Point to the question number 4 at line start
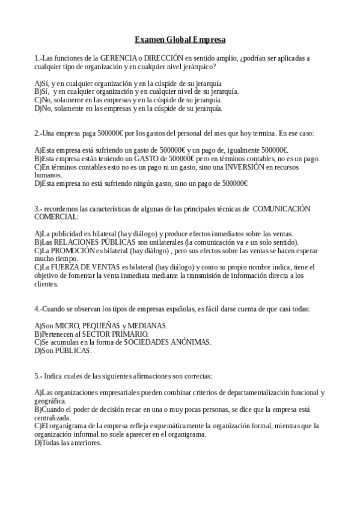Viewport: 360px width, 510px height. point(37,309)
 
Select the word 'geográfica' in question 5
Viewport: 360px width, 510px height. point(50,401)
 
